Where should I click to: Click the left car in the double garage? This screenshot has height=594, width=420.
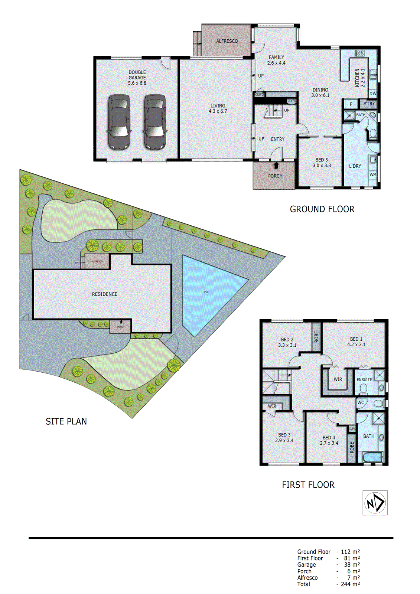pos(119,122)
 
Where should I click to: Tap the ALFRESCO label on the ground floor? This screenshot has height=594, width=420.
pos(227,41)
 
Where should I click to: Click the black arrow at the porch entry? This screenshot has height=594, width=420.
pos(276,165)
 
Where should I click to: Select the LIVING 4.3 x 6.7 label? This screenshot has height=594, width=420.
pos(218,108)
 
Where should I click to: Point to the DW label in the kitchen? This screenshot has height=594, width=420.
pos(373,94)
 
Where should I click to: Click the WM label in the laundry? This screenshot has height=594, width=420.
pos(373,174)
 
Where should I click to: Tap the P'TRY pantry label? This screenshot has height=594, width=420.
pos(369,104)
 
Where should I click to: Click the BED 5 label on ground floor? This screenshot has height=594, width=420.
pos(322,163)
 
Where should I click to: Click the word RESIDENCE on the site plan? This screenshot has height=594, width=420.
pos(105,294)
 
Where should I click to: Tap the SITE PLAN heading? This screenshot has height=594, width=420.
pos(66,421)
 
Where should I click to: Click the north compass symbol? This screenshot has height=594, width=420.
pos(375,503)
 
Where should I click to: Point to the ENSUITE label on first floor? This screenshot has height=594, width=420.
pos(364,379)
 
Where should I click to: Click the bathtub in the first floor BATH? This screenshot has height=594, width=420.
pos(372,457)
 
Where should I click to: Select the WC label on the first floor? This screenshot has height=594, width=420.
pos(361,402)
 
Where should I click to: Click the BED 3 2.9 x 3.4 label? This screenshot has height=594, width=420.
pos(284,437)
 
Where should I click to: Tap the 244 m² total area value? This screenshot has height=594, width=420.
pos(350,584)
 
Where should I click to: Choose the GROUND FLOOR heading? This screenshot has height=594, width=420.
pos(322,209)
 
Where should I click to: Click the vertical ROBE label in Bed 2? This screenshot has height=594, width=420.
pos(316,337)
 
